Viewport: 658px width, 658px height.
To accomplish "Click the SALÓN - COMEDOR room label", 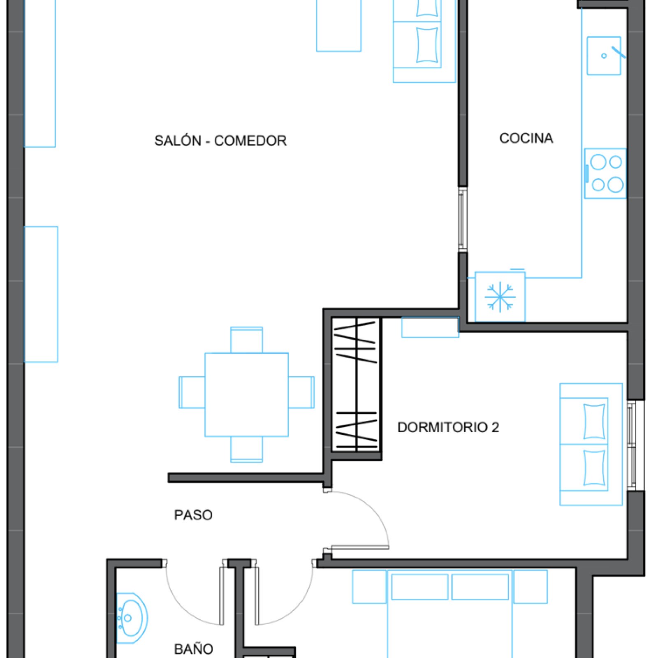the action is click(220, 141).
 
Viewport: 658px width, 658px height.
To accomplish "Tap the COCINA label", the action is click(526, 138).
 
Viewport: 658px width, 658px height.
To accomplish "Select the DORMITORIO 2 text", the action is click(448, 427).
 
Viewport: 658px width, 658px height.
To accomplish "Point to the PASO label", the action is click(193, 515).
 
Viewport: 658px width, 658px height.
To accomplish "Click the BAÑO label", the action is click(194, 649).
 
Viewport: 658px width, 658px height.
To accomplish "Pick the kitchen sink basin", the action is click(604, 56).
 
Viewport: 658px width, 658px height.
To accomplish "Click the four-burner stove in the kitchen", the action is click(605, 174).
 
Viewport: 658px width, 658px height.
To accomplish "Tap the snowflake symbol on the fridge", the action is click(500, 297).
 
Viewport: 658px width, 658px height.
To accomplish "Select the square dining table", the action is click(246, 394).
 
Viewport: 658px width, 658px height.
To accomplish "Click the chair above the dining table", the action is click(246, 340).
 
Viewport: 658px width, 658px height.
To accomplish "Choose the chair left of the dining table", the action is click(192, 392).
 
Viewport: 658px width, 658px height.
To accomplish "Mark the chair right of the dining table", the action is click(301, 392).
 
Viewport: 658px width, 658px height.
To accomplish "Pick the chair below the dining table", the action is click(246, 449).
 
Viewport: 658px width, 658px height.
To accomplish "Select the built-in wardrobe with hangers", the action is click(357, 385).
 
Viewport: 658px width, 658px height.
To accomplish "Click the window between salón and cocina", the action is click(463, 220).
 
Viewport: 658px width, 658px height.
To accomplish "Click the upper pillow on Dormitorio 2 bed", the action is click(594, 422).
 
